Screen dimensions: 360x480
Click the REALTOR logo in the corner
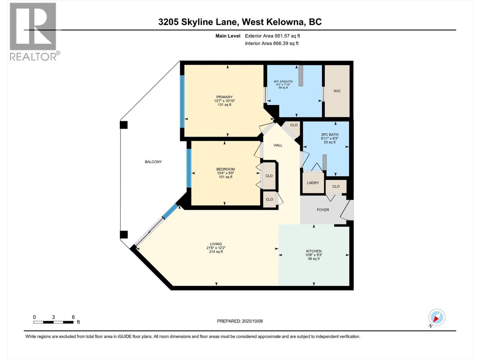[33, 31]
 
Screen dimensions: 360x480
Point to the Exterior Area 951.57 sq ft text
[272, 36]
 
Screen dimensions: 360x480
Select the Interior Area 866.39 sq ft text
[271, 43]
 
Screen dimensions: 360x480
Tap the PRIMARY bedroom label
[224, 97]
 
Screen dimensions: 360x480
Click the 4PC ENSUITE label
[283, 82]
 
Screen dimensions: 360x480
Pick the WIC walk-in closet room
[337, 91]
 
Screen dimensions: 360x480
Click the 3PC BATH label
[329, 135]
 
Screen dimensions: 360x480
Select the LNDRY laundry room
[313, 183]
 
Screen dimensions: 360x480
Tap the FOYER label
[323, 210]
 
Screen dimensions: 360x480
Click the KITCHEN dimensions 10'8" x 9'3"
[314, 255]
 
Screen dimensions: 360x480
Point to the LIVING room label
[216, 244]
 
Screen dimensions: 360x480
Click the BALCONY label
[153, 162]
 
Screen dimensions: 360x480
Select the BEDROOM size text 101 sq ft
[226, 177]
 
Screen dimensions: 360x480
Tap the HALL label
[278, 145]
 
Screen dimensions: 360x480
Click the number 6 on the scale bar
[73, 317]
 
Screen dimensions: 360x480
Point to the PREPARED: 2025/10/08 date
[240, 321]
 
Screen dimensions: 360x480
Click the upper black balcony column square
[124, 124]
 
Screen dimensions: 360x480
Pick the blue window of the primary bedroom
[182, 101]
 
